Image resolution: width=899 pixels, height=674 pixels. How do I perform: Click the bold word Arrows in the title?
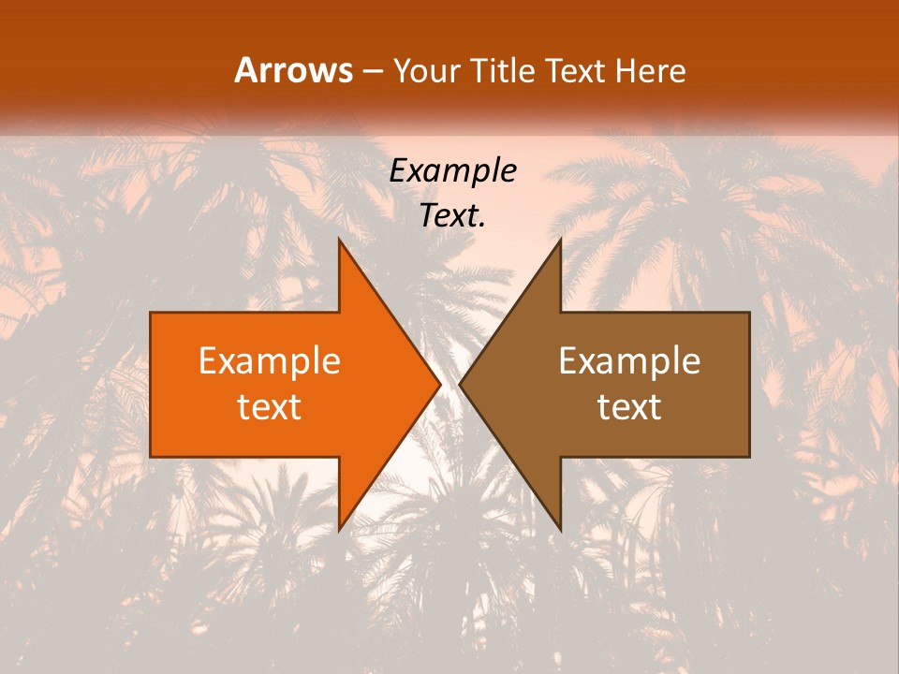(x=294, y=71)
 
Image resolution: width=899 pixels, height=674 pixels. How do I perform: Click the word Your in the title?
(x=426, y=72)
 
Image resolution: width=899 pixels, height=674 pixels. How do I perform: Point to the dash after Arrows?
(x=372, y=72)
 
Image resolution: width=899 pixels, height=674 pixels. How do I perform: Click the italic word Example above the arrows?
(x=453, y=170)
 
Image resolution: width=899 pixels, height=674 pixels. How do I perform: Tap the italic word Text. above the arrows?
(x=453, y=215)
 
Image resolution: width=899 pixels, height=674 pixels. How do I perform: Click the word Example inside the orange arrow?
(x=270, y=361)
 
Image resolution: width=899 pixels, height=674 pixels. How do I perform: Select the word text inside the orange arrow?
(x=270, y=406)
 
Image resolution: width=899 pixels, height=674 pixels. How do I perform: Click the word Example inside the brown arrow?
(x=629, y=361)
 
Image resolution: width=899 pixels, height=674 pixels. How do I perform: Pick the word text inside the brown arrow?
(x=629, y=406)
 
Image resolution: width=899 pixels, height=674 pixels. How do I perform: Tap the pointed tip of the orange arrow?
(x=440, y=384)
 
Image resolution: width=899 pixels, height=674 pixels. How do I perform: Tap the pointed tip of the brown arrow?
(x=460, y=384)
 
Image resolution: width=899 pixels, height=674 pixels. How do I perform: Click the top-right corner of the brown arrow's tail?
(x=749, y=313)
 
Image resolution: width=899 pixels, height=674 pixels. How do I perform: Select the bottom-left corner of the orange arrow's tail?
(x=151, y=457)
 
